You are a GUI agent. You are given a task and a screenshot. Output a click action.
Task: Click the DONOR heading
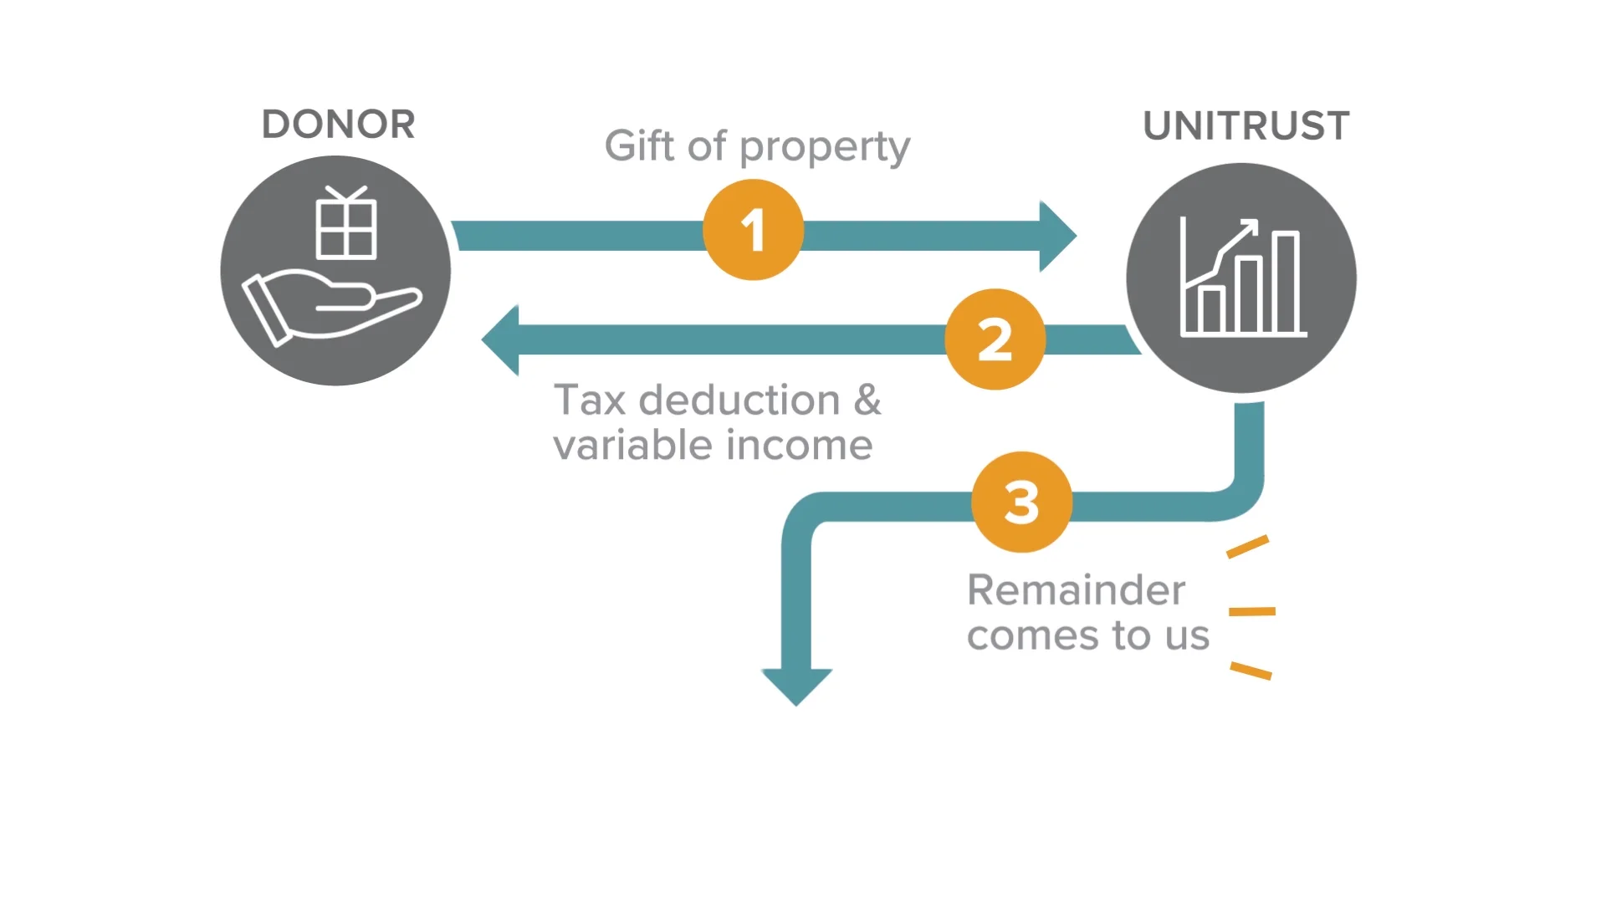[338, 125]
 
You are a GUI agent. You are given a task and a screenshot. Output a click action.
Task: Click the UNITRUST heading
[1245, 126]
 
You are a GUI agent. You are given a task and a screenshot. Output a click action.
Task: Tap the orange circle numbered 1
[753, 230]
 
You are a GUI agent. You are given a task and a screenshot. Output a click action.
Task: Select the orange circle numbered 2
[995, 339]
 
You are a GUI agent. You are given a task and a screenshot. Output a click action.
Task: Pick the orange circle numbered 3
[1021, 503]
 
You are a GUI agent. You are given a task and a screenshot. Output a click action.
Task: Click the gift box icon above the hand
[346, 224]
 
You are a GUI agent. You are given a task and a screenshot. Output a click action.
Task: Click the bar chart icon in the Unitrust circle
[1242, 280]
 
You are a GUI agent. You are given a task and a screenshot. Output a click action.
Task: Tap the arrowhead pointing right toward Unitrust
[1058, 236]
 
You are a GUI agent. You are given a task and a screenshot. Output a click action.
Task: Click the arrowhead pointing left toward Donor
[500, 339]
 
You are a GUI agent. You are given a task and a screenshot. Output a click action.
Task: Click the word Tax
[590, 400]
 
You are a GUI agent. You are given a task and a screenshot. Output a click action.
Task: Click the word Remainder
[1076, 590]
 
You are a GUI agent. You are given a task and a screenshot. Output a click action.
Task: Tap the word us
[1188, 636]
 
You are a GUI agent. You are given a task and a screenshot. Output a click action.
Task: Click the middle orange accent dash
[1251, 612]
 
